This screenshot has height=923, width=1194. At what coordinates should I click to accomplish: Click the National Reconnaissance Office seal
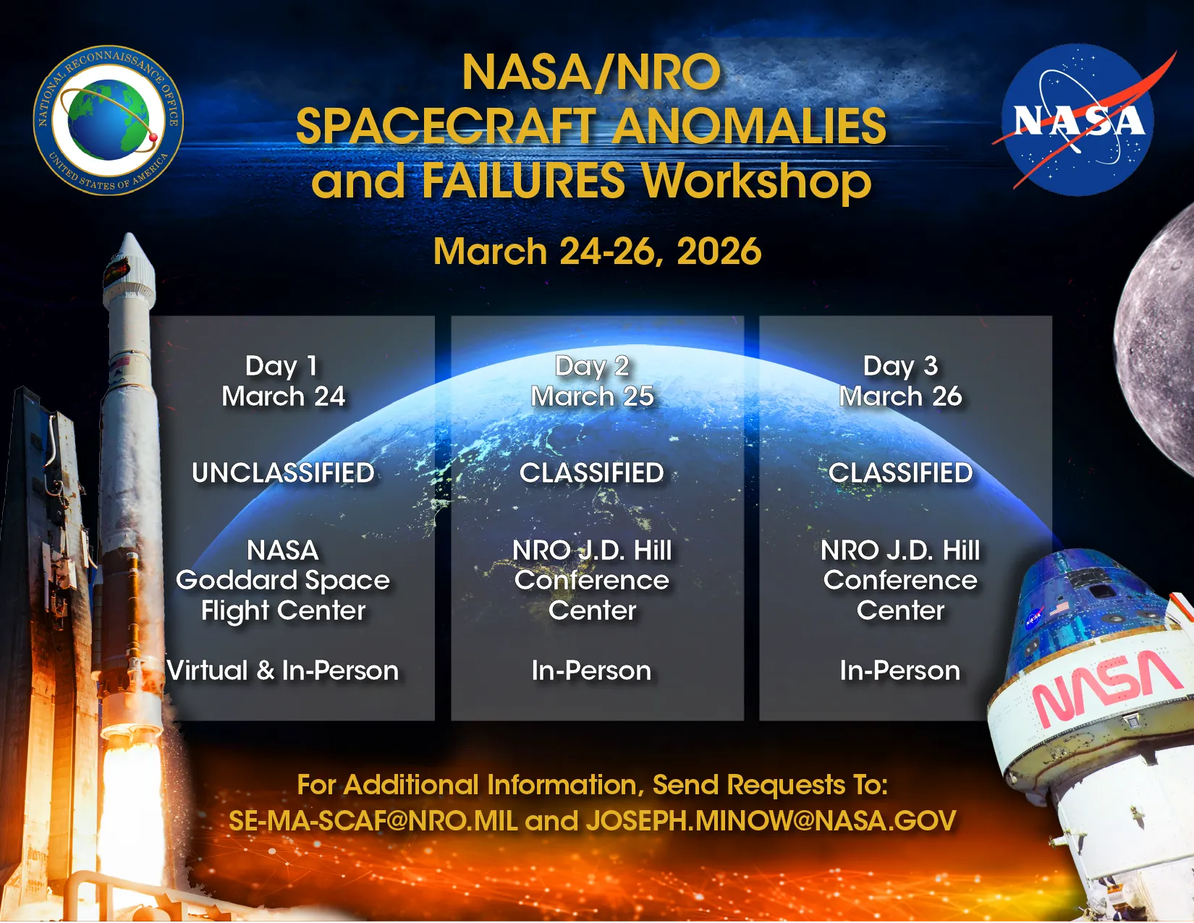click(109, 121)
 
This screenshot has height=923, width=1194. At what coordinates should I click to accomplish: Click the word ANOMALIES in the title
click(749, 127)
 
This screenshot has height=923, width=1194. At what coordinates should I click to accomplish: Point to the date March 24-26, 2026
click(597, 252)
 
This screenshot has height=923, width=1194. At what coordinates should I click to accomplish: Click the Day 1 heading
click(282, 366)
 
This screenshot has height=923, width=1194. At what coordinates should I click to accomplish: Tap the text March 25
click(592, 396)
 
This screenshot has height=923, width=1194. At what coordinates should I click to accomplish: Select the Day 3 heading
click(900, 366)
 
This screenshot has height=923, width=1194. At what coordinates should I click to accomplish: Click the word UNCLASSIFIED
click(283, 473)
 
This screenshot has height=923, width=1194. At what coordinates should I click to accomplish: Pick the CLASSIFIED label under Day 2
click(592, 473)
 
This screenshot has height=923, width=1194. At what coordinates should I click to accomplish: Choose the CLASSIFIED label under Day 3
click(900, 473)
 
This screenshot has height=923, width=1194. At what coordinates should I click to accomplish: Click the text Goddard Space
click(283, 580)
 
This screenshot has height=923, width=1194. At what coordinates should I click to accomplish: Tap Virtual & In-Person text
click(283, 671)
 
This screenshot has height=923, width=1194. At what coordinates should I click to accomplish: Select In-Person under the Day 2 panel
click(592, 671)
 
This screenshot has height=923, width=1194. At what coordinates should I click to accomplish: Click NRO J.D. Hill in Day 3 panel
click(900, 550)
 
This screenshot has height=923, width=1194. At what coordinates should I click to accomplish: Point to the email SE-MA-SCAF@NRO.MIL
click(373, 821)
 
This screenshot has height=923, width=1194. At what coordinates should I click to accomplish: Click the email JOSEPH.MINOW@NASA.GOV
click(771, 821)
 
